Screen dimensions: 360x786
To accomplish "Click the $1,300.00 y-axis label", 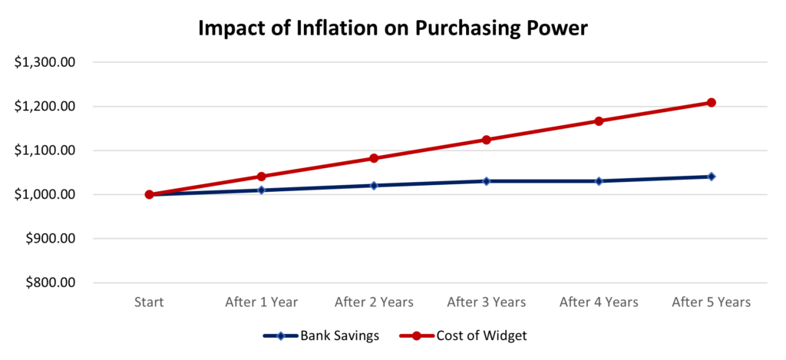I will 44,62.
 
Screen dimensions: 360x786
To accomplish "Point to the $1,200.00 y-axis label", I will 44,107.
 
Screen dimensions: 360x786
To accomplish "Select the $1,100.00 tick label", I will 44,150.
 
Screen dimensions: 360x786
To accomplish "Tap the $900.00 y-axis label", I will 49,239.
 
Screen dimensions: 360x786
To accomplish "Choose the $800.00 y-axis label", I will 49,282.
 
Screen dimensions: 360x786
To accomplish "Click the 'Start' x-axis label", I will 149,302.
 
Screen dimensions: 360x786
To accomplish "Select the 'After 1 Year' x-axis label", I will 261,302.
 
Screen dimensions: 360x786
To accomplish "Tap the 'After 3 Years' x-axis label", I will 486,302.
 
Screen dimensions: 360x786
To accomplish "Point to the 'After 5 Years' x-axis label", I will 711,302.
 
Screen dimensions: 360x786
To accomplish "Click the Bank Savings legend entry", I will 319,335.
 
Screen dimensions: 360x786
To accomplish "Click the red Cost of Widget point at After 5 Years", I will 711,102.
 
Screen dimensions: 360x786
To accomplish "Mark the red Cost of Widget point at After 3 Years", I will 486,140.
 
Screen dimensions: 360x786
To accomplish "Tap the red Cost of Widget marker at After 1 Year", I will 261,177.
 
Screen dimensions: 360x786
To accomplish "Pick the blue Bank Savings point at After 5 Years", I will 711,177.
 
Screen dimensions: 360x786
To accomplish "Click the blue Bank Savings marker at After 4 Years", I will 599,181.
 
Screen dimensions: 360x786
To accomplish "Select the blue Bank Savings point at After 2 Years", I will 374,186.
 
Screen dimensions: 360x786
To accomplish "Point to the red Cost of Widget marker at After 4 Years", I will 599,121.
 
